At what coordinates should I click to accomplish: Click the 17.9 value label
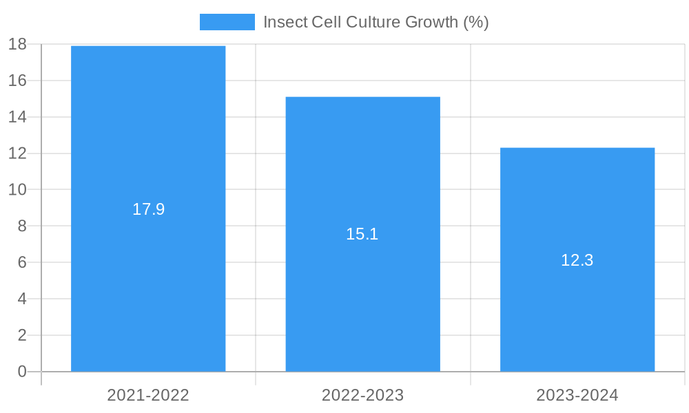coord(149,209)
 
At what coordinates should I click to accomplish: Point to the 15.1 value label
coord(362,234)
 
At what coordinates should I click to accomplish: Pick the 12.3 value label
coord(577,260)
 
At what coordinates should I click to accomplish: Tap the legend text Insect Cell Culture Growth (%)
coord(376,22)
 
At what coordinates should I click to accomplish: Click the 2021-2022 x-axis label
coord(148,395)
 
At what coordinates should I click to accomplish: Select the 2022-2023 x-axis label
coord(363,395)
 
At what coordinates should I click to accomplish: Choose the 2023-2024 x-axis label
coord(577,395)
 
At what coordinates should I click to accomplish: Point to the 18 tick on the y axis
coord(17,45)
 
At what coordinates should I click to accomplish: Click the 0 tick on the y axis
coord(22,372)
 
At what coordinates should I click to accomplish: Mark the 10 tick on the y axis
coord(17,190)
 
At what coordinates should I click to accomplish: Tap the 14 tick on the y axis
coord(17,117)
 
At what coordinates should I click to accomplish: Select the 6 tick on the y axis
coord(22,262)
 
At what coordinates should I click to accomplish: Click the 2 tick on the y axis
coord(22,335)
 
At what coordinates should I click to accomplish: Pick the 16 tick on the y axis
coord(17,81)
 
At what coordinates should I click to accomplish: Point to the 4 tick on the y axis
coord(22,299)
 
